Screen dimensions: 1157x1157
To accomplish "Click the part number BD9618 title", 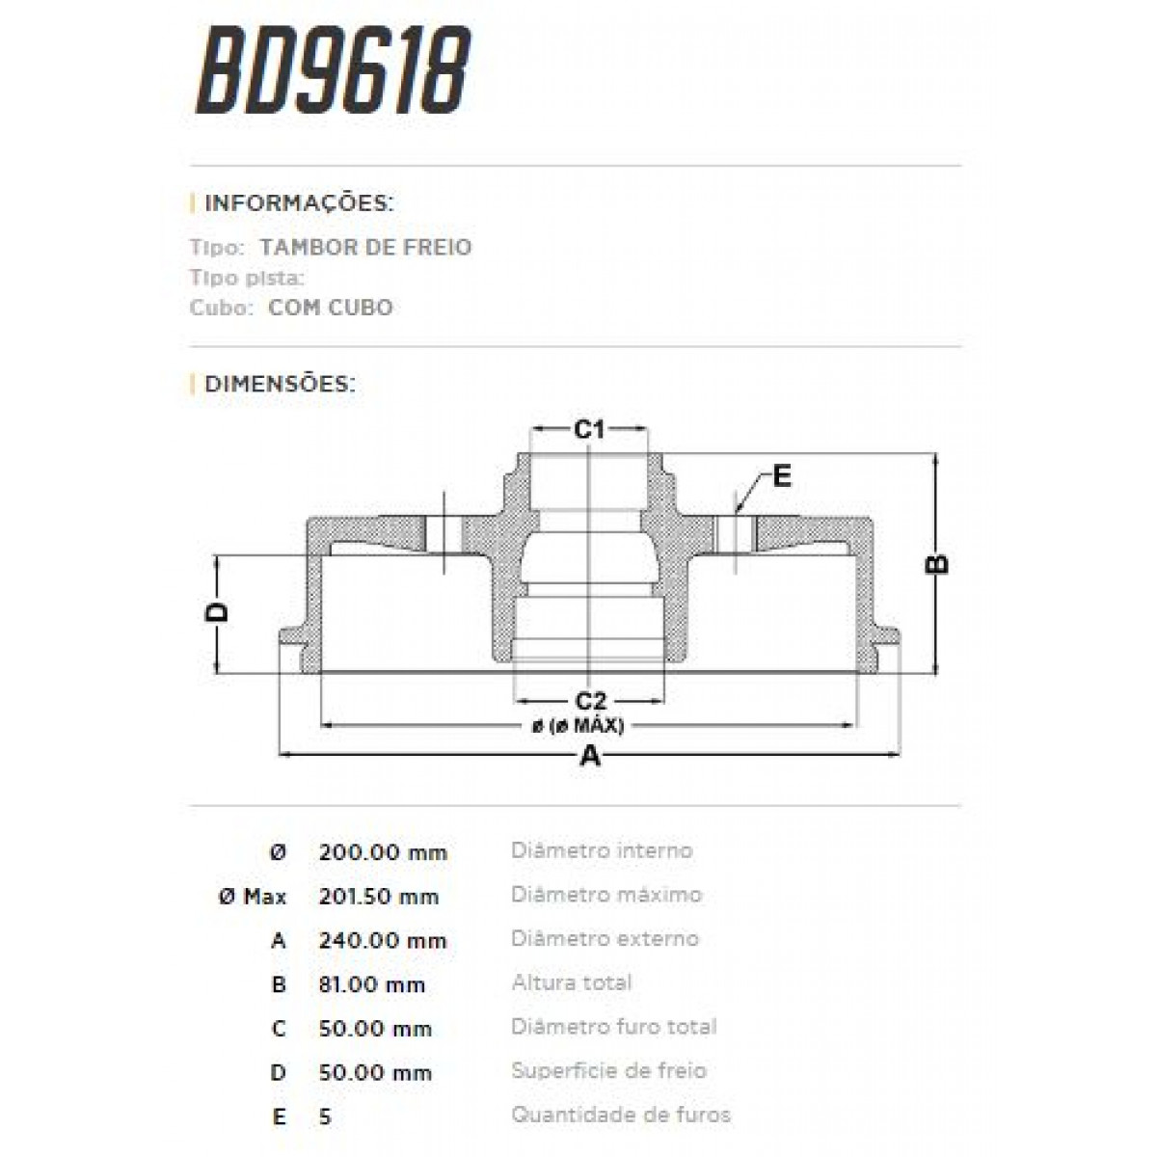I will click(333, 70).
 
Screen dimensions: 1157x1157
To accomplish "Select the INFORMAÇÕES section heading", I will click(298, 203).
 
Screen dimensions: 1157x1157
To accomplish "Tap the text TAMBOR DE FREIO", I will click(365, 247).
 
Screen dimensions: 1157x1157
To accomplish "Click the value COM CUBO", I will click(330, 309).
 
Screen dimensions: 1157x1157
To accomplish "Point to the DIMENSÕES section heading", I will click(280, 384).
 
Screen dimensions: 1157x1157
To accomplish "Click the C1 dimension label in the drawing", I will click(589, 429).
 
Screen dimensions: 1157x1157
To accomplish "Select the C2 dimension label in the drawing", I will click(589, 701).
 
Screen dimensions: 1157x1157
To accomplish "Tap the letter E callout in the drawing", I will click(781, 475).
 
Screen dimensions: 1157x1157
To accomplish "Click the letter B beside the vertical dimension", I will click(936, 563).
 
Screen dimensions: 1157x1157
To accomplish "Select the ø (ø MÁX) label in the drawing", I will click(578, 726).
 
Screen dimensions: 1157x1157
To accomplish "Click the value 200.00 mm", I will click(383, 852).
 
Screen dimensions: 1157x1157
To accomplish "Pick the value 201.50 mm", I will click(378, 897).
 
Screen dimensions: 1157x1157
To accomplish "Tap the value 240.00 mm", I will click(383, 941).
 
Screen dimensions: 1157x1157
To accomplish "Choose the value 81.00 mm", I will click(371, 984).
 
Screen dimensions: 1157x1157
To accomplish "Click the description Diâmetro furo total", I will click(613, 1027).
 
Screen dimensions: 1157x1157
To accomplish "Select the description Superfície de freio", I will click(608, 1071).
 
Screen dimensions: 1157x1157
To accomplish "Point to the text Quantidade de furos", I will click(620, 1116).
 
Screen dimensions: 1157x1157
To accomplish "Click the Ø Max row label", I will click(253, 897).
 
